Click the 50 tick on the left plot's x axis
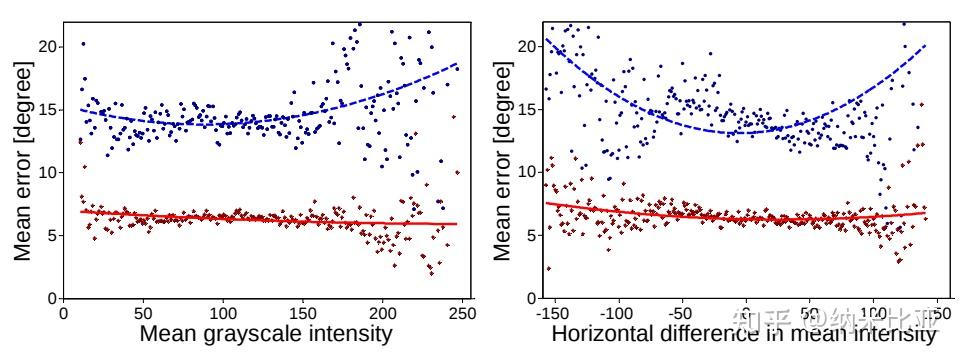click(143, 311)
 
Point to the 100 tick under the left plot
click(223, 311)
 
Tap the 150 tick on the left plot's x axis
click(303, 311)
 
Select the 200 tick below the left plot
click(383, 311)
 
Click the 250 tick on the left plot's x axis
click(462, 311)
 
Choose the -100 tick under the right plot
click(617, 311)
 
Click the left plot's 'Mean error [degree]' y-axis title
click(22, 160)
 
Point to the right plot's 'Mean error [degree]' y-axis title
click(503, 160)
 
